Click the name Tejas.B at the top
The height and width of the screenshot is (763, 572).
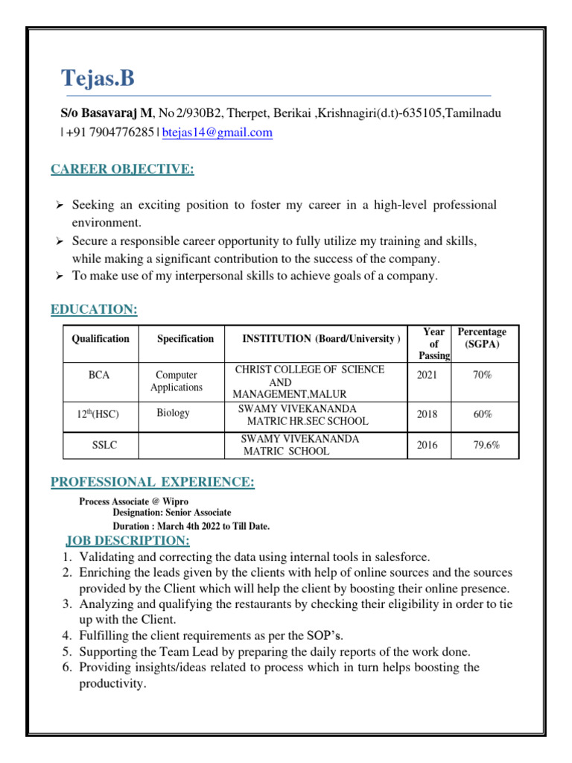tap(98, 78)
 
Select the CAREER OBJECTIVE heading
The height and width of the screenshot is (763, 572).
tap(122, 170)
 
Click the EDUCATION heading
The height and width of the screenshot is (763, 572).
tap(94, 309)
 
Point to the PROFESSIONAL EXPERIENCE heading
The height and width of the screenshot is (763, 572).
tap(153, 483)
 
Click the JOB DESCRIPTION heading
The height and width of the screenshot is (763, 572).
tap(127, 539)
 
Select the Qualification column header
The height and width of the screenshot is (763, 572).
tap(100, 338)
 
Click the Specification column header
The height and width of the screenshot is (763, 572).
tap(185, 338)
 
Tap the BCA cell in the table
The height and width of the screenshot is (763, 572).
tap(99, 376)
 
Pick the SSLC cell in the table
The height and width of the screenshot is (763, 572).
tap(104, 446)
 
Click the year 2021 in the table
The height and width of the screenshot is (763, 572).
tap(427, 376)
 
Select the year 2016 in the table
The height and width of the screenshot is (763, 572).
tap(427, 446)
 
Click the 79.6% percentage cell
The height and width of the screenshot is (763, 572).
tap(486, 446)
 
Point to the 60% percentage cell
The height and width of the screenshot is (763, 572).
tap(483, 414)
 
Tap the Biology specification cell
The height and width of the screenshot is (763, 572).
tap(173, 413)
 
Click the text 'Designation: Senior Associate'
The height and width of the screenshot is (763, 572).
tap(171, 513)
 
